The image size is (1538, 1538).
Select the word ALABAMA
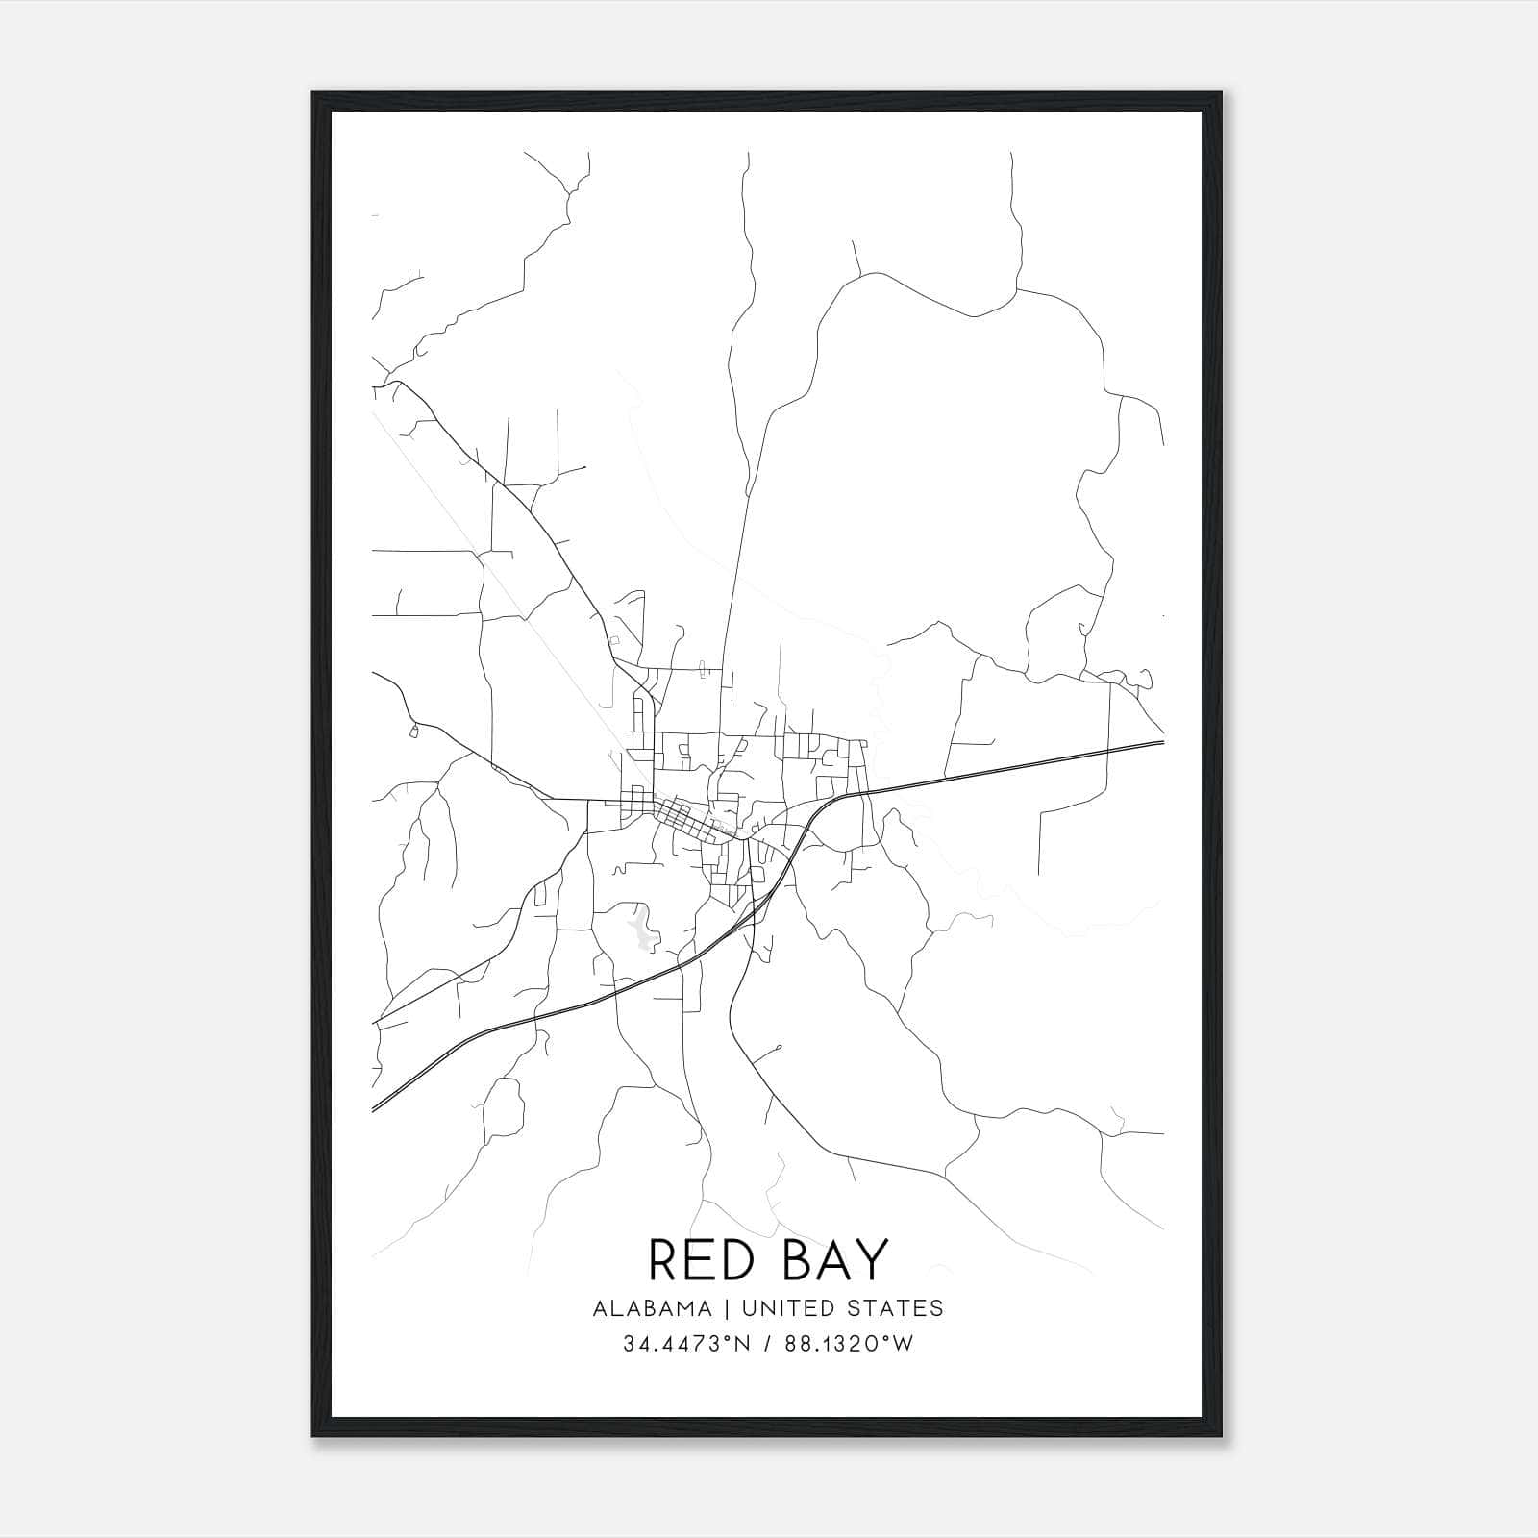[x=653, y=1308]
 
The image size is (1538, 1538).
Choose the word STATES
[x=900, y=1308]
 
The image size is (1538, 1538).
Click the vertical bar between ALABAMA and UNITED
[x=725, y=1308]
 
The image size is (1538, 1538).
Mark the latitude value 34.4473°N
[x=684, y=1344]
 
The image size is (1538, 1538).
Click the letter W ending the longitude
[x=904, y=1344]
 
